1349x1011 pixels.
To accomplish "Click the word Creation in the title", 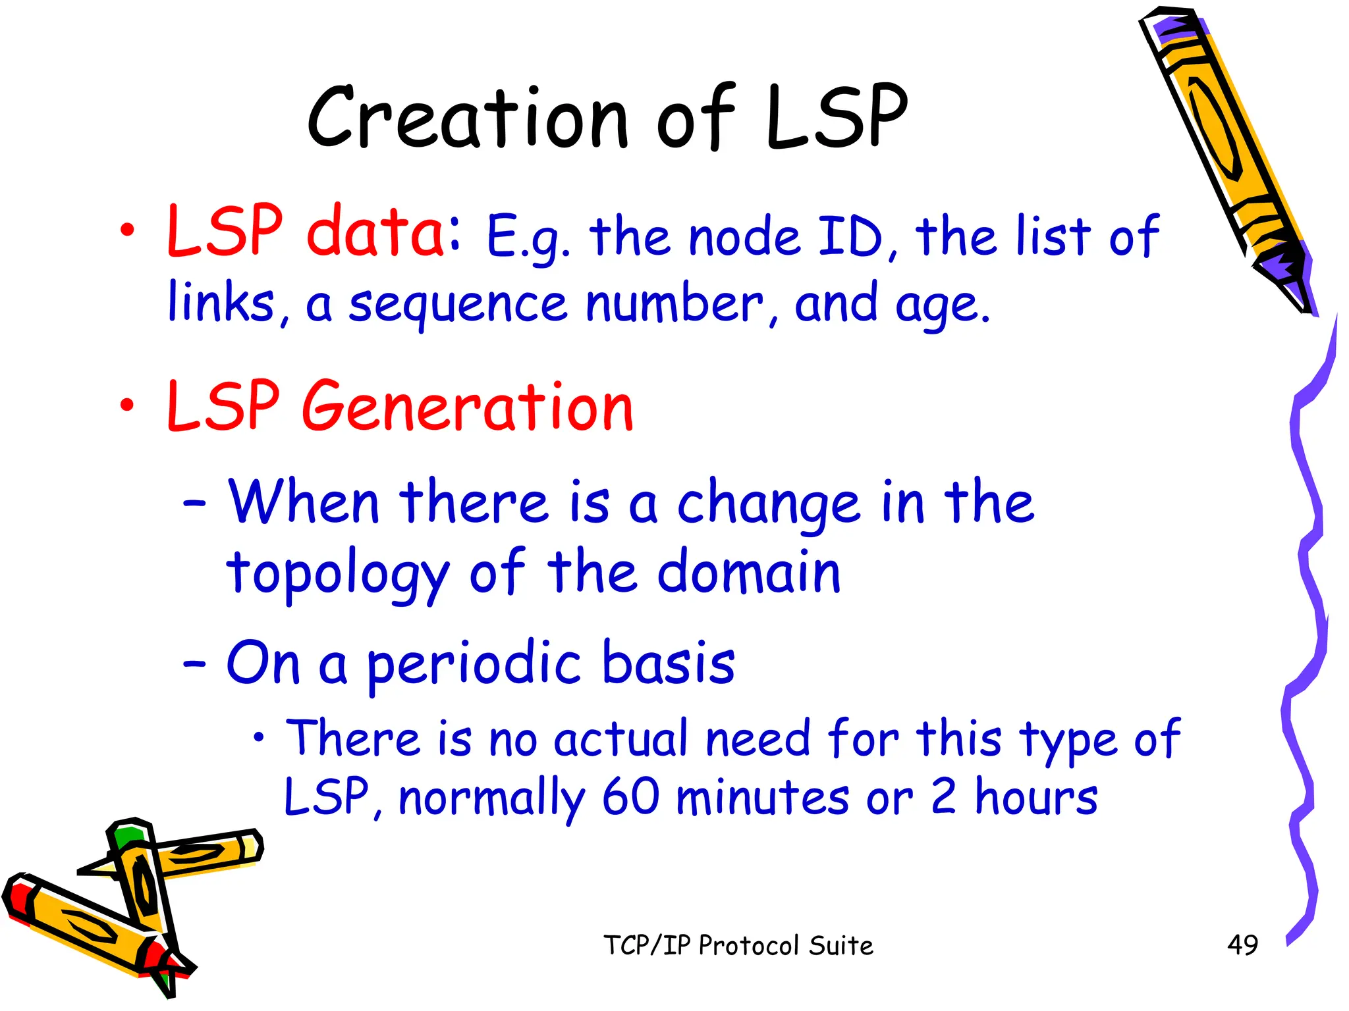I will click(468, 118).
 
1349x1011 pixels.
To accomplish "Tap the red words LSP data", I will click(306, 232).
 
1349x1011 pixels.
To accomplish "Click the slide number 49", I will click(1242, 945).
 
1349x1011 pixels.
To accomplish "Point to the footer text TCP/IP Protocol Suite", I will click(738, 946).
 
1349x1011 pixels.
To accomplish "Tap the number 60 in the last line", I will click(630, 797).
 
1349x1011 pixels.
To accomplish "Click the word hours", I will click(1035, 797).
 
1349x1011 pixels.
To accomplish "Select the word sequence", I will click(457, 305).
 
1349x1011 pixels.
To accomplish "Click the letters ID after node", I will click(849, 237).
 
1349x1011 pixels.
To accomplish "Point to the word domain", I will click(749, 573).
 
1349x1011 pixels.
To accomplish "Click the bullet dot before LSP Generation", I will click(126, 405).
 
